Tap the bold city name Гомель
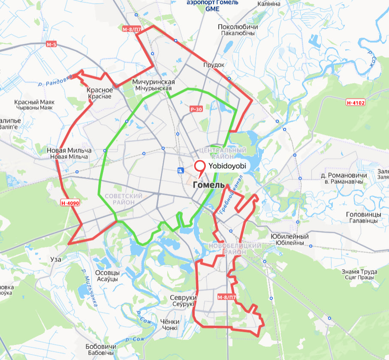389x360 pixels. click(209, 185)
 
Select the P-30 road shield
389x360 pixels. click(196, 110)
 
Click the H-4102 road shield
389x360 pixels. click(356, 103)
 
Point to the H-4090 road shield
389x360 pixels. click(70, 204)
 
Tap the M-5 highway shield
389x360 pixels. click(51, 44)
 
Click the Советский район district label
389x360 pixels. click(124, 199)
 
